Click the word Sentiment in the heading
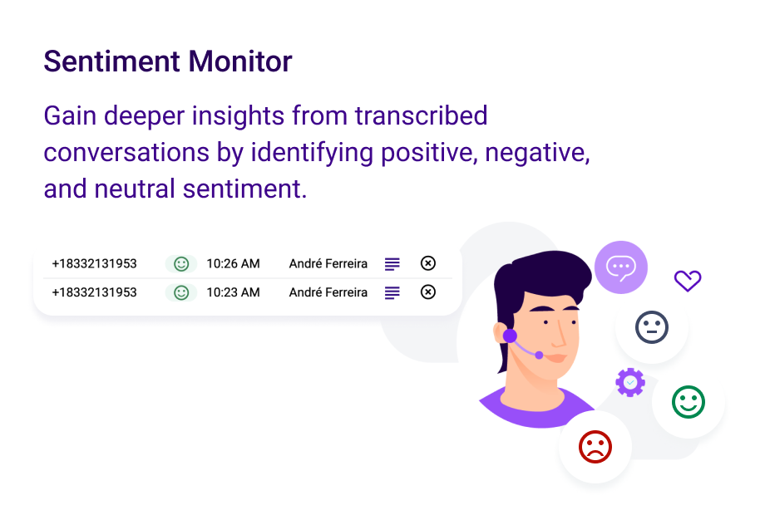coord(111,61)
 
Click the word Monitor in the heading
coord(240,61)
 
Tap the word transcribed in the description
coord(421,115)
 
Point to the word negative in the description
coord(537,153)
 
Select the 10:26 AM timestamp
coord(233,263)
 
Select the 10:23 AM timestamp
coord(233,292)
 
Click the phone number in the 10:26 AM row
coord(94,263)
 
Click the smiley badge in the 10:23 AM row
coord(181,292)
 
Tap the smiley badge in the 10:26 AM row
coord(181,263)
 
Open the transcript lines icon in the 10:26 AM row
coord(392,263)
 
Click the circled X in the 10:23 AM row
coord(428,292)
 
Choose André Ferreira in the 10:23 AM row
coord(328,292)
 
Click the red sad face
coord(595,447)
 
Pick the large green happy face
coord(688,402)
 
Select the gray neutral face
coord(652,327)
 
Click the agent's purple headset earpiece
coord(510,336)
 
